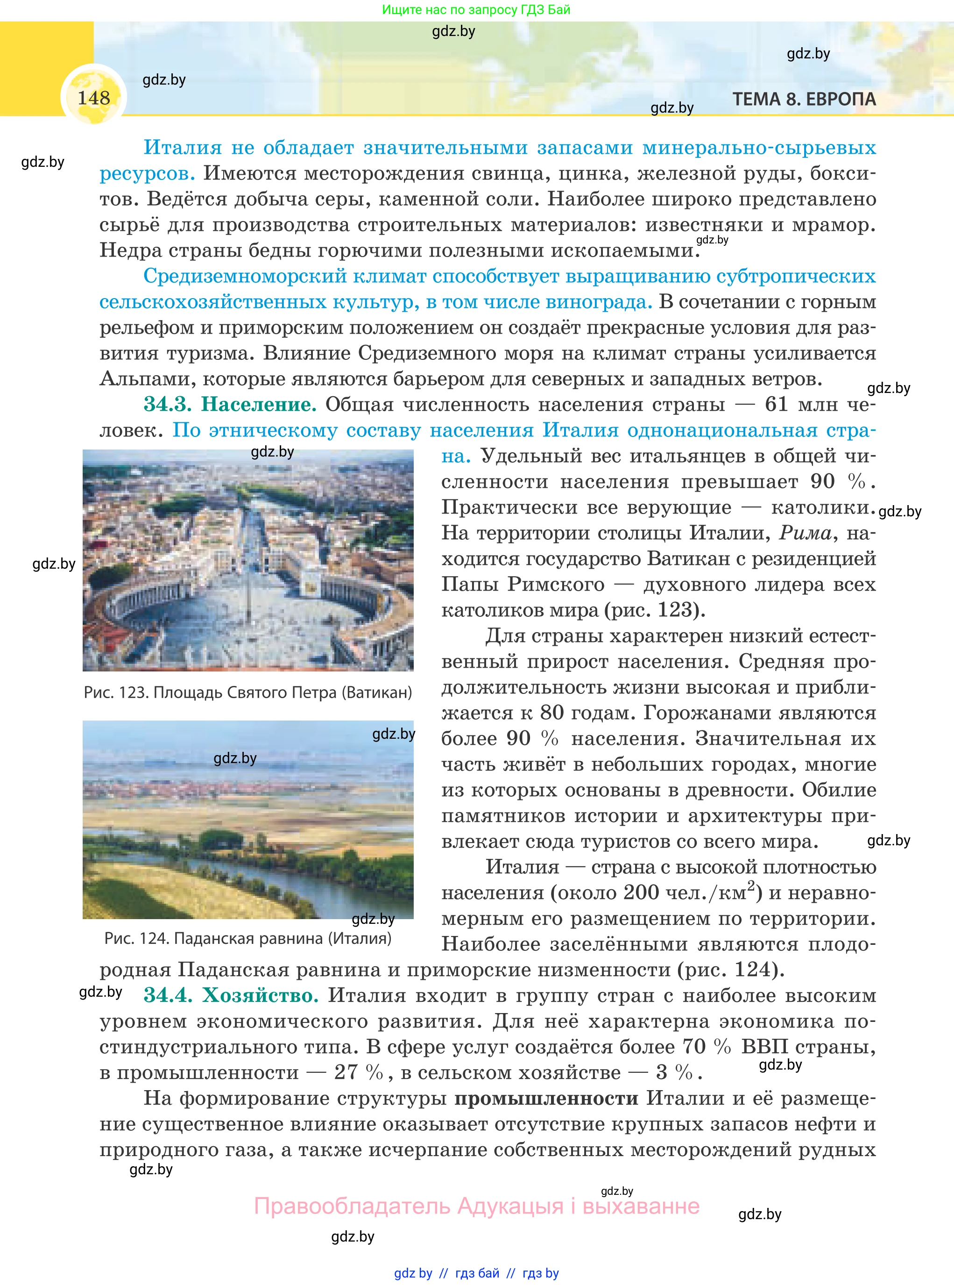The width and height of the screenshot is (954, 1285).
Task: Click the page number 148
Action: tap(93, 98)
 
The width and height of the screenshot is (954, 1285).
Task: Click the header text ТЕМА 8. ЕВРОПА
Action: tap(804, 100)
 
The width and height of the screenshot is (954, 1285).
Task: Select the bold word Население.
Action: tap(258, 405)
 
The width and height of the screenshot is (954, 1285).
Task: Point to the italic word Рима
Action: tap(805, 533)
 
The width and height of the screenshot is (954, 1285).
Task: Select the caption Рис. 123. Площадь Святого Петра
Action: tap(248, 692)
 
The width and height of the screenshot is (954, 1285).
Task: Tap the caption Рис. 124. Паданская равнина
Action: tap(248, 938)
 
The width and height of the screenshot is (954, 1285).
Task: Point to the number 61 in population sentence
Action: tap(776, 405)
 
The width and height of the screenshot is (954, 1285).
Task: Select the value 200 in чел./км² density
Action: tap(641, 892)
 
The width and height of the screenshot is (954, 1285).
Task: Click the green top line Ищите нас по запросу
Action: tap(476, 10)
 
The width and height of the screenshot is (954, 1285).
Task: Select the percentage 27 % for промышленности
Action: tap(359, 1072)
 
